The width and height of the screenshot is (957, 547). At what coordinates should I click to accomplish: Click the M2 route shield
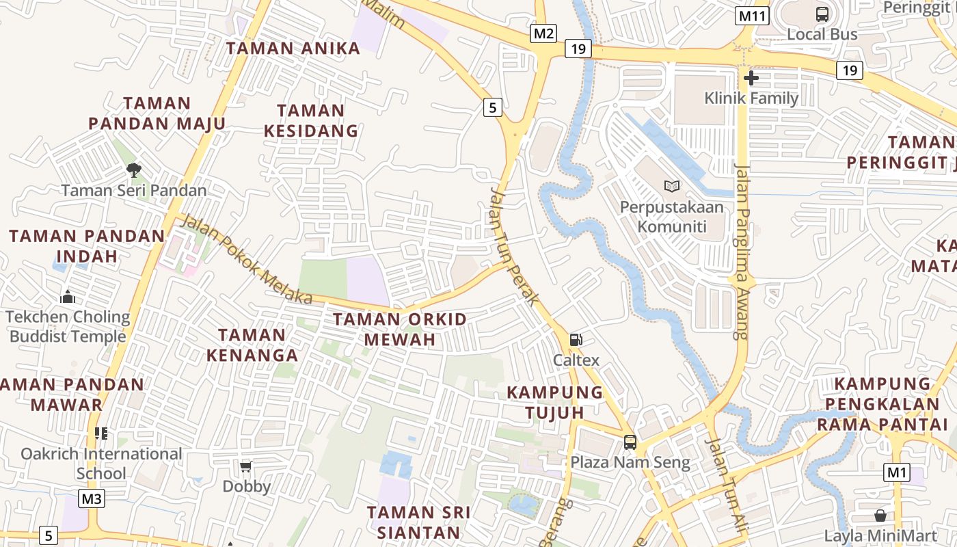pos(544,33)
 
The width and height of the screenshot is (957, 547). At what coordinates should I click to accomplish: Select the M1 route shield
pos(897,472)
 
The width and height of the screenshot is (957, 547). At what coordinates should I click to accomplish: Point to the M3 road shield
pos(92,498)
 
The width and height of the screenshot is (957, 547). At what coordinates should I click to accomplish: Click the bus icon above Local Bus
pos(822,14)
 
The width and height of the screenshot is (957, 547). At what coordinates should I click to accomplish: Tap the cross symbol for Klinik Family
pos(751,78)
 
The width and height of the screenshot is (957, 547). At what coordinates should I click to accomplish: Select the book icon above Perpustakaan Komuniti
pos(672,186)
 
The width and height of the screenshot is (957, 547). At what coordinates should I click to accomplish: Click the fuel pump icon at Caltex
pos(576,340)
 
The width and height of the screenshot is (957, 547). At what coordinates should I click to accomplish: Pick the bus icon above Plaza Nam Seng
pos(630,442)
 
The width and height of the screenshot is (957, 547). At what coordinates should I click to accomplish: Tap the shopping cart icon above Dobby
pos(246,466)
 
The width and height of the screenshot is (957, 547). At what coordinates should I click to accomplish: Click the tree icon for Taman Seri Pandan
pos(134,170)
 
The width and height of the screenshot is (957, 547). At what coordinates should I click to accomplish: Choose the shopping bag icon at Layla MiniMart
pos(880,516)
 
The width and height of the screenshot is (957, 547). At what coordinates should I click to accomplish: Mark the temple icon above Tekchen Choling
pos(67,297)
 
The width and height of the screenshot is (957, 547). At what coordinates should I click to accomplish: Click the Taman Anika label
pos(293,48)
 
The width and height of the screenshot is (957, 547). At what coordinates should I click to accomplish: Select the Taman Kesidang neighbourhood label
pos(317,120)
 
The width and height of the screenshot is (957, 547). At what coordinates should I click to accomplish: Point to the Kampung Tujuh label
pos(555,402)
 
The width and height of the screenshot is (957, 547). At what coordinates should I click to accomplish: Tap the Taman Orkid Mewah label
pos(400,329)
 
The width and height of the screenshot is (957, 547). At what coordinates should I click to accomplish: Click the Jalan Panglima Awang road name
pos(742,251)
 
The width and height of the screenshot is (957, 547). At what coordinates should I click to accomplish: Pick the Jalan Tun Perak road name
pos(514,246)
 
